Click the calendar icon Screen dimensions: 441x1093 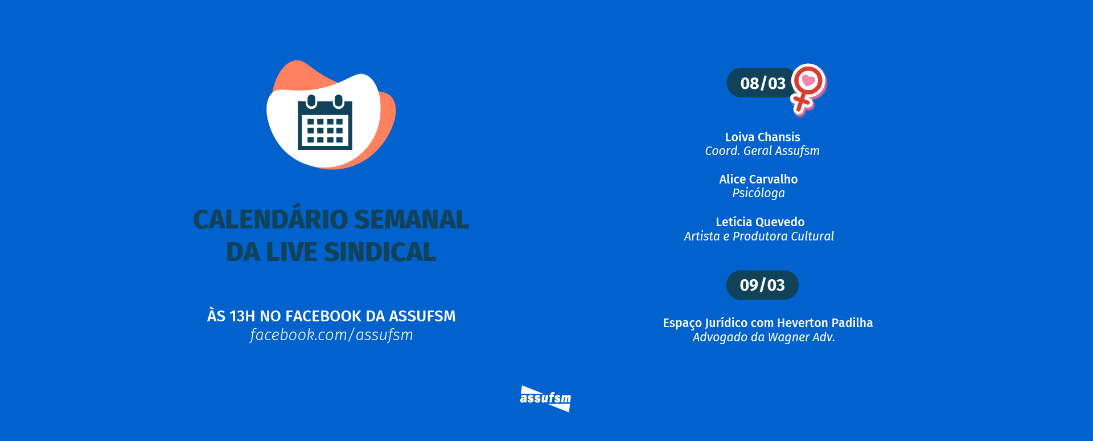325,123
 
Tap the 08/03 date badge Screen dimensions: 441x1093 762,83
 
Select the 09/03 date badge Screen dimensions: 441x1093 762,285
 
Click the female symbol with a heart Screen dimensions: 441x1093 808,87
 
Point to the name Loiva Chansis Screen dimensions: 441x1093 762,137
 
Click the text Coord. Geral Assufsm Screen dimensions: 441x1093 762,151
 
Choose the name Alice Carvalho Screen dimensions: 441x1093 758,179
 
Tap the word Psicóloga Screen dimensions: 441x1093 758,193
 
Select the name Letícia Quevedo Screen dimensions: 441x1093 760,222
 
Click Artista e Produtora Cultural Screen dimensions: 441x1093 759,236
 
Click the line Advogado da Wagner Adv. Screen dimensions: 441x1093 763,337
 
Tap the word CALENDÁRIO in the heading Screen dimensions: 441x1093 270,220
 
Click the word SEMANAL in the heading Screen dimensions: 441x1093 412,220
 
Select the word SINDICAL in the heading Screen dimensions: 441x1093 380,252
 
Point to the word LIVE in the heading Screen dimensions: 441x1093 291,252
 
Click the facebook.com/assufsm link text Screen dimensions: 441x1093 331,335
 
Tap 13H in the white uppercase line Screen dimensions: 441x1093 242,316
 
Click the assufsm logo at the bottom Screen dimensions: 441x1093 545,398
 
